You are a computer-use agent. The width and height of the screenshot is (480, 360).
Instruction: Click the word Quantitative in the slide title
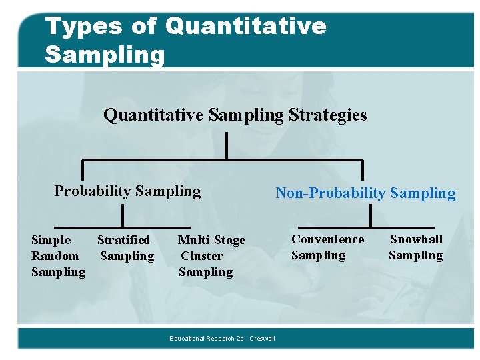[246, 27]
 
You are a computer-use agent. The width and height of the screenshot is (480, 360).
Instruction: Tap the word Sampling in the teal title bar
[105, 54]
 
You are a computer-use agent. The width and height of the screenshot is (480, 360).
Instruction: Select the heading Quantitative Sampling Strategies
[235, 115]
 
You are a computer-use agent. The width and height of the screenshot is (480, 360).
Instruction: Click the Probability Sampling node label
[127, 191]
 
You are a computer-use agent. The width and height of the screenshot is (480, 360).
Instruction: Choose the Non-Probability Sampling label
[365, 193]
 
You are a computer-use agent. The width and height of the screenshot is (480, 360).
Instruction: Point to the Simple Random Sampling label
[58, 255]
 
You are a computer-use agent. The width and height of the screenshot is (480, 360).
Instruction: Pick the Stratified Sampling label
[125, 247]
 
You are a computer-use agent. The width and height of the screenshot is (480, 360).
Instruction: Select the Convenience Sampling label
[327, 247]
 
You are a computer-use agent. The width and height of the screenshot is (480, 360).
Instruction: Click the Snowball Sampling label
[415, 247]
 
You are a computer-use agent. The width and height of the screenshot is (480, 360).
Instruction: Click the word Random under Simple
[55, 255]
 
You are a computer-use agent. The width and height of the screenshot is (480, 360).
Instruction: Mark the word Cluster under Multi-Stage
[202, 255]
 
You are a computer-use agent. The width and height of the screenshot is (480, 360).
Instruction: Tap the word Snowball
[416, 239]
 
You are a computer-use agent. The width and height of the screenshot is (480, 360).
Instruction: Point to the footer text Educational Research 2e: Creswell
[222, 339]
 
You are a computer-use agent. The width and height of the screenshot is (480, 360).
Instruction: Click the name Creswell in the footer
[262, 339]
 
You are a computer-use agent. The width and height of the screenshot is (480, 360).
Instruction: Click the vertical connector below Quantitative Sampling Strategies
[227, 145]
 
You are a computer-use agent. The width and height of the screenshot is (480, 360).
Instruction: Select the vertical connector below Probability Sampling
[123, 216]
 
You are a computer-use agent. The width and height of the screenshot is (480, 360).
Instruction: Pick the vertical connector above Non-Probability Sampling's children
[370, 216]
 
